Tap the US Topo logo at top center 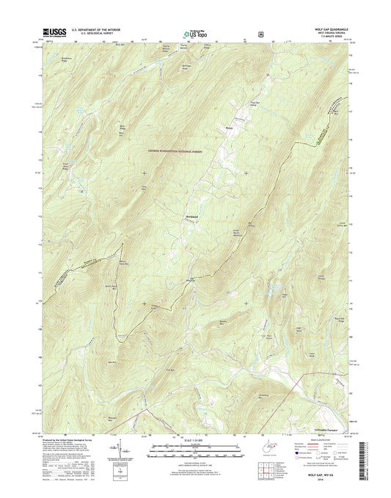point(194,33)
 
